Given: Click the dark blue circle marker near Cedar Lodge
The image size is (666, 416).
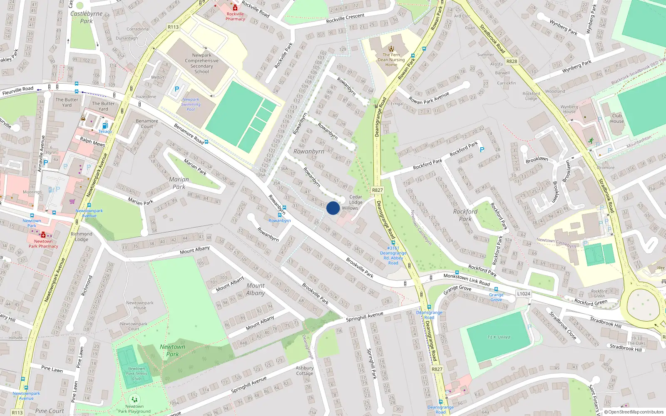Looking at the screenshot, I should click(333, 208).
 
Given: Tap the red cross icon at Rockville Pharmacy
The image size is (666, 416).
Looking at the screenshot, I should click(235, 7).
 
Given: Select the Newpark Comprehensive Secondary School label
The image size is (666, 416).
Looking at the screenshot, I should click(201, 63).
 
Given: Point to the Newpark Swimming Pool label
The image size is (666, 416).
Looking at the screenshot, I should click(191, 104).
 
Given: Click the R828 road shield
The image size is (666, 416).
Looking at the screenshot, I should click(512, 61).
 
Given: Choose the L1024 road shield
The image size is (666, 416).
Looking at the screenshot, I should click(524, 294).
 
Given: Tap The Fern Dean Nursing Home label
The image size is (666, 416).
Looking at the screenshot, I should click(391, 59).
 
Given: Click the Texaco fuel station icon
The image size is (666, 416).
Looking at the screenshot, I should click(105, 126).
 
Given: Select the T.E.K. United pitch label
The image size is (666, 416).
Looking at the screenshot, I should click(499, 337).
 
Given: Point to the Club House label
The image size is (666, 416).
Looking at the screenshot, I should click(617, 119).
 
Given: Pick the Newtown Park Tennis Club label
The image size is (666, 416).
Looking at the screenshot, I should click(137, 374).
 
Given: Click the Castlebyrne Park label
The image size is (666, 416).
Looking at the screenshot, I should click(86, 17).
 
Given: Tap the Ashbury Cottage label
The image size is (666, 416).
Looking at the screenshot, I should click(305, 371).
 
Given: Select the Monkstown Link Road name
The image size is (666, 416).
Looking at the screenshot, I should click(467, 280).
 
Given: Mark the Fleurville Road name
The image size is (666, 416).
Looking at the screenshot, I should click(18, 90).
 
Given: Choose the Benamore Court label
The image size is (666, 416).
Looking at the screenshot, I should click(147, 124).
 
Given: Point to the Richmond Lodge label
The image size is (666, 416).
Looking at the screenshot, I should click(82, 236).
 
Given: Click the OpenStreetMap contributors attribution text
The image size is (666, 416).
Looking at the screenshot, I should click(635, 412).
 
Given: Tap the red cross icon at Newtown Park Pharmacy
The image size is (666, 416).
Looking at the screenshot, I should click(43, 235).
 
